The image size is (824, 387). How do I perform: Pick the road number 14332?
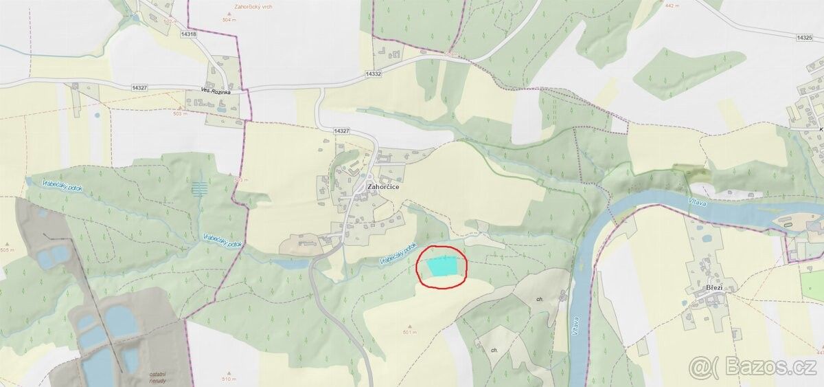click(374, 74)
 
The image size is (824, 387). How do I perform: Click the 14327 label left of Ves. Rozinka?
click(139, 87)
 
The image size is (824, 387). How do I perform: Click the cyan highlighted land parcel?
click(443, 265)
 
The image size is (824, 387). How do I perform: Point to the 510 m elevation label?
click(228, 379)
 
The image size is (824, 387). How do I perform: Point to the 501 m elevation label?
click(411, 332)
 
